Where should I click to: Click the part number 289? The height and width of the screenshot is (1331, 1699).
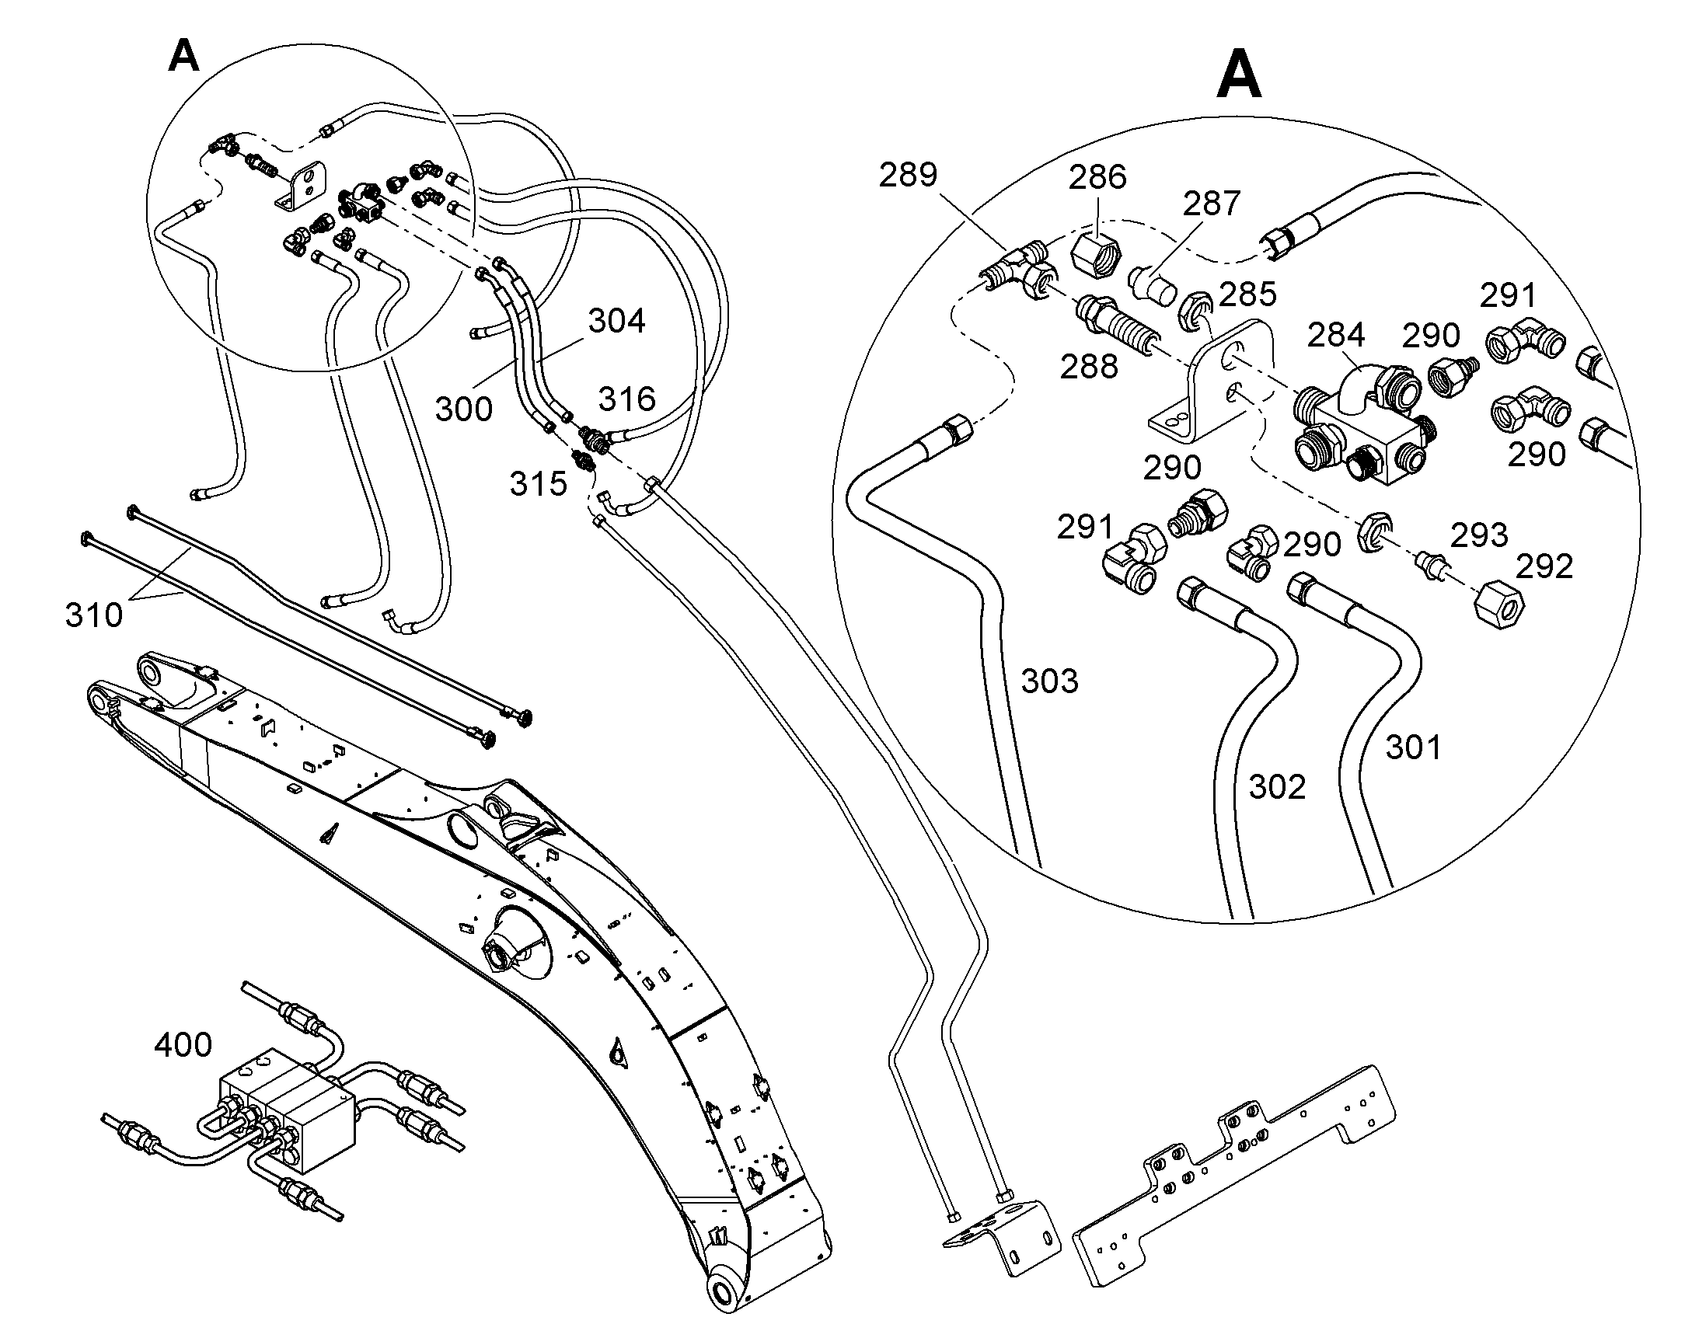pos(908,176)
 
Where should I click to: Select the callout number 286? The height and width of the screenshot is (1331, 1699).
pos(1097,177)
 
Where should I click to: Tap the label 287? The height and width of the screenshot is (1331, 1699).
pos(1211,204)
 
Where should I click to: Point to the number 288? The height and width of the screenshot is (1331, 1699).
pos(1089,365)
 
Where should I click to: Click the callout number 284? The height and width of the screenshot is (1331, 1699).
pos(1336,335)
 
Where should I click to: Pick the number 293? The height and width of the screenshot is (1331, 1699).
pos(1479,535)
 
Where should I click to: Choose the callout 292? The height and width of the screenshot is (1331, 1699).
pos(1544,566)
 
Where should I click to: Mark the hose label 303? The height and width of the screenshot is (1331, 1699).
pos(1050,681)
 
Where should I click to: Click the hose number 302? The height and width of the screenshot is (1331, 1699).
pos(1278,787)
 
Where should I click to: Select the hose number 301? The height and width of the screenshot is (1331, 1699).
pos(1414,747)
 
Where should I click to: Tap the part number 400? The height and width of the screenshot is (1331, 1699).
pos(183,1045)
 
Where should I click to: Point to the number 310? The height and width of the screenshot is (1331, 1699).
pos(94,615)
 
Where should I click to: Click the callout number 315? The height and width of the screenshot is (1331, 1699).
pos(539,484)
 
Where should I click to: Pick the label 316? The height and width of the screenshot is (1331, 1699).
pos(627,399)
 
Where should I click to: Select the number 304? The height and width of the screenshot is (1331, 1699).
pos(616,320)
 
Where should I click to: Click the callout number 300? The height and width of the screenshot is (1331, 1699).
pos(464,409)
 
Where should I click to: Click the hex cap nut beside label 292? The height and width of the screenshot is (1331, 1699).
pos(1499,605)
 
